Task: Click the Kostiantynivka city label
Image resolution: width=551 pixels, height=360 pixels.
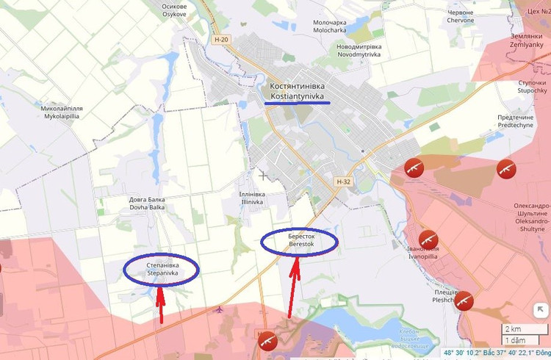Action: (x=297, y=91)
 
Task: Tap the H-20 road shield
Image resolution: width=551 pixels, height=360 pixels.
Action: (x=220, y=40)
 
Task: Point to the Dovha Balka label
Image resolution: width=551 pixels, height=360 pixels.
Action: (x=147, y=204)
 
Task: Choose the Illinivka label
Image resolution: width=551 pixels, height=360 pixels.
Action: (x=252, y=198)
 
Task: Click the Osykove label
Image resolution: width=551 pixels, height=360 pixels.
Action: (x=174, y=10)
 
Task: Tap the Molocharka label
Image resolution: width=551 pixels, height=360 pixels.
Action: (x=329, y=27)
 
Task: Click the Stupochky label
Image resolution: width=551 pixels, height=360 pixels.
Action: (x=531, y=87)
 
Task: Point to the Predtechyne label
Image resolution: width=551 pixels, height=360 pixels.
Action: (x=514, y=121)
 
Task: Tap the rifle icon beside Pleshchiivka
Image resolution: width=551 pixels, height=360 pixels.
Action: (x=464, y=300)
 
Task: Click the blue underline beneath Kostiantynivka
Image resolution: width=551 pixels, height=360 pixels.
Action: (x=297, y=103)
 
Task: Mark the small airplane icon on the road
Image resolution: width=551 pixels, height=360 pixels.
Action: (x=220, y=309)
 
